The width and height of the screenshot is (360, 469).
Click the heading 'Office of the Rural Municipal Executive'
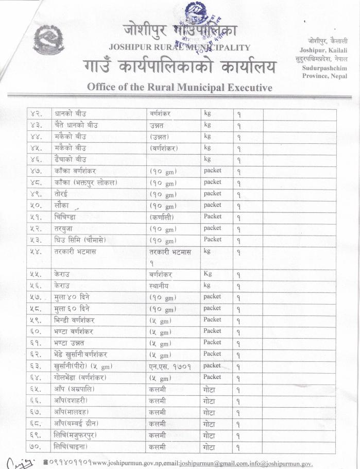179,87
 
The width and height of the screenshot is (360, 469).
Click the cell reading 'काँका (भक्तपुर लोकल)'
85,182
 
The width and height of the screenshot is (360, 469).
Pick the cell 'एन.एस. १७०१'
168,366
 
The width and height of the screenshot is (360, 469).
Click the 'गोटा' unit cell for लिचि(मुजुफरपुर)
209,435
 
